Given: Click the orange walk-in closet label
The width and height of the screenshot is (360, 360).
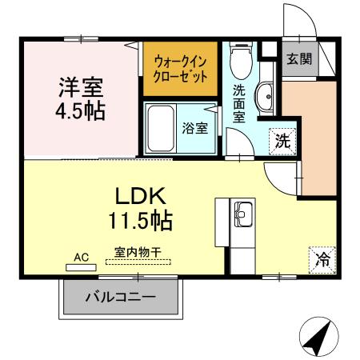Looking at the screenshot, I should click(180, 70).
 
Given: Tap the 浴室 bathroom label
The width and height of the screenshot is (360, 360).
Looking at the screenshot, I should click(194, 128).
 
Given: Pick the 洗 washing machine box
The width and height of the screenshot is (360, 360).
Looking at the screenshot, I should click(282, 140).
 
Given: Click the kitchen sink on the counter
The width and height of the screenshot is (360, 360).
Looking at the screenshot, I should click(242, 214).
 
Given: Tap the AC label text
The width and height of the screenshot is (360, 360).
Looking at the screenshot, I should click(81, 258).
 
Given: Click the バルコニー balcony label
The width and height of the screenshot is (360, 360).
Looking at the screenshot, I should click(121, 301).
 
